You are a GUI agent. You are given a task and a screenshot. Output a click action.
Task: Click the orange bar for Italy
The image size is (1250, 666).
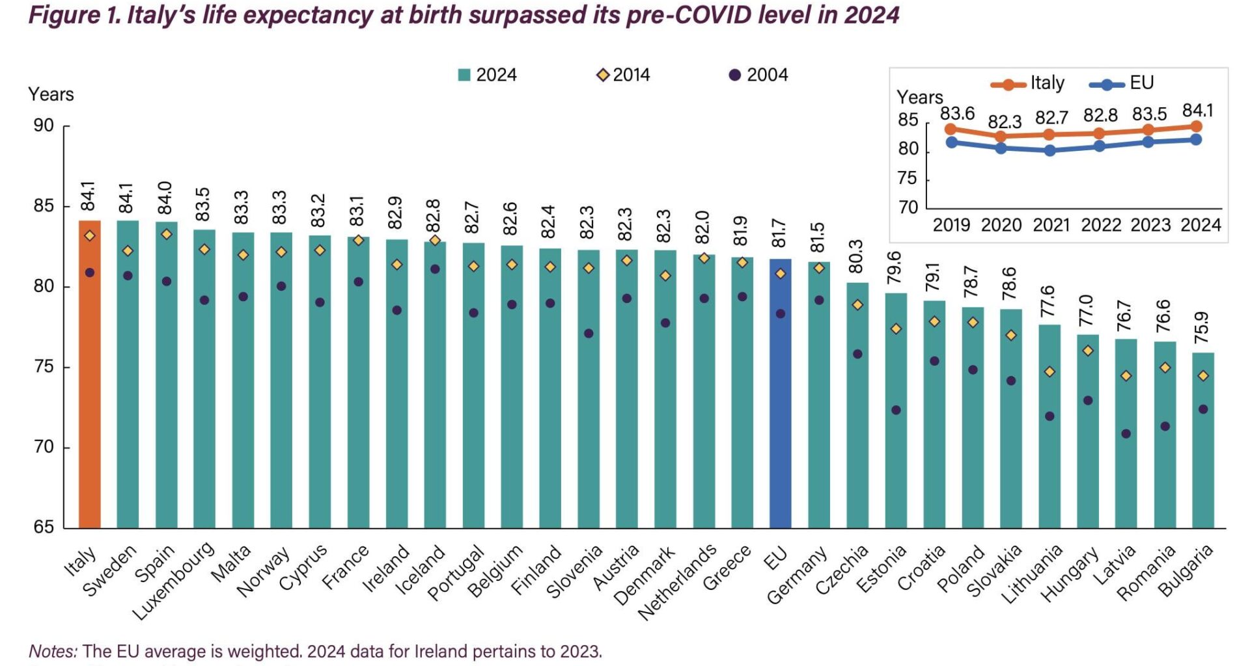90,374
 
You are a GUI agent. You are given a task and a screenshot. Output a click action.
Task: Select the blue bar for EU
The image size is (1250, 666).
780,393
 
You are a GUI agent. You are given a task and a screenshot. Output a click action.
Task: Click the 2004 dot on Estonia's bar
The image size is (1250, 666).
896,410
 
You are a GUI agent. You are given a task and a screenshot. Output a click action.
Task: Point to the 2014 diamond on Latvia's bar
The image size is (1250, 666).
1126,376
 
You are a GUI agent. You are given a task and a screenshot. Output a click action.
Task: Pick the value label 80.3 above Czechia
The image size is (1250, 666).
857,256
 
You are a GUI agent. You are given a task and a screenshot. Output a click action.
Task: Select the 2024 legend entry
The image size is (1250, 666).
488,75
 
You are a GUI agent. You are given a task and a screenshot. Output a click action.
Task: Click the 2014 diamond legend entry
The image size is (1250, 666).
623,75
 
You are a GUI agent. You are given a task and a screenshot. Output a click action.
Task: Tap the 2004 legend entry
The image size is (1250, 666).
758,75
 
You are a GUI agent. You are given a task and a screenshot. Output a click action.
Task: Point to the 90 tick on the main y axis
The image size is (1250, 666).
44,126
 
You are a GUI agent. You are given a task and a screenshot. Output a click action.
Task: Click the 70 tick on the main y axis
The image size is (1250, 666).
44,447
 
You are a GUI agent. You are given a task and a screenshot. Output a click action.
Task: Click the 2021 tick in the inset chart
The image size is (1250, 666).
1051,225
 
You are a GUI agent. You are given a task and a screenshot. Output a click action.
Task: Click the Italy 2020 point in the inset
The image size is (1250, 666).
1001,137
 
